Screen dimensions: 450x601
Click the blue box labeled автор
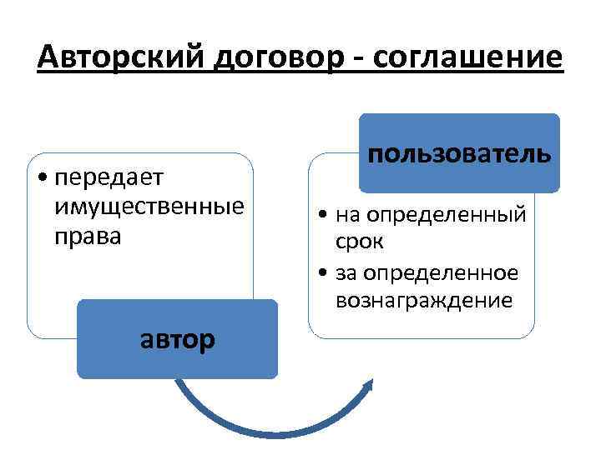177,339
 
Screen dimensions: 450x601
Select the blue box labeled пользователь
459,153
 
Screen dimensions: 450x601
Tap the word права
86,235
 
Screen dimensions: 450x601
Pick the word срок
361,242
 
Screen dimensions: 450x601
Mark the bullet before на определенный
324,216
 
